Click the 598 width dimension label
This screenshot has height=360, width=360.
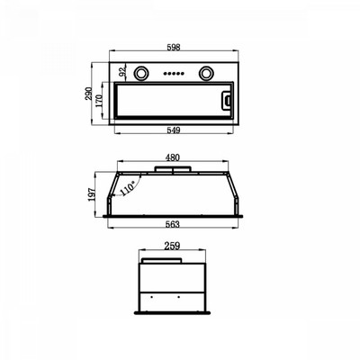(x=174, y=48)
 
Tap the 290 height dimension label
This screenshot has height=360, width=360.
(x=88, y=94)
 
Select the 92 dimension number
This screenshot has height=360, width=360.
(x=121, y=71)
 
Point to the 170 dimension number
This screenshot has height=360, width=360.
(x=99, y=101)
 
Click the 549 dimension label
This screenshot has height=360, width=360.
(x=174, y=130)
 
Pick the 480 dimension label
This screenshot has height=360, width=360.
(x=173, y=157)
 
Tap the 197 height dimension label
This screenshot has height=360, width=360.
(x=92, y=194)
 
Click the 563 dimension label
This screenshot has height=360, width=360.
(x=173, y=224)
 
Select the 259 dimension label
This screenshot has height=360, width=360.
(x=172, y=246)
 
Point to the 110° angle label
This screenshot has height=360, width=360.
(x=127, y=189)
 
